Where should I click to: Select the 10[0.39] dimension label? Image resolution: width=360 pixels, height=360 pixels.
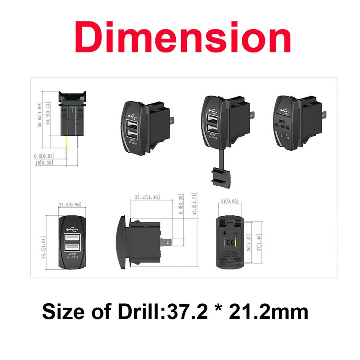(44, 163)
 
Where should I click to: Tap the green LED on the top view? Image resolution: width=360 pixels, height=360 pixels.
(73, 107)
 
